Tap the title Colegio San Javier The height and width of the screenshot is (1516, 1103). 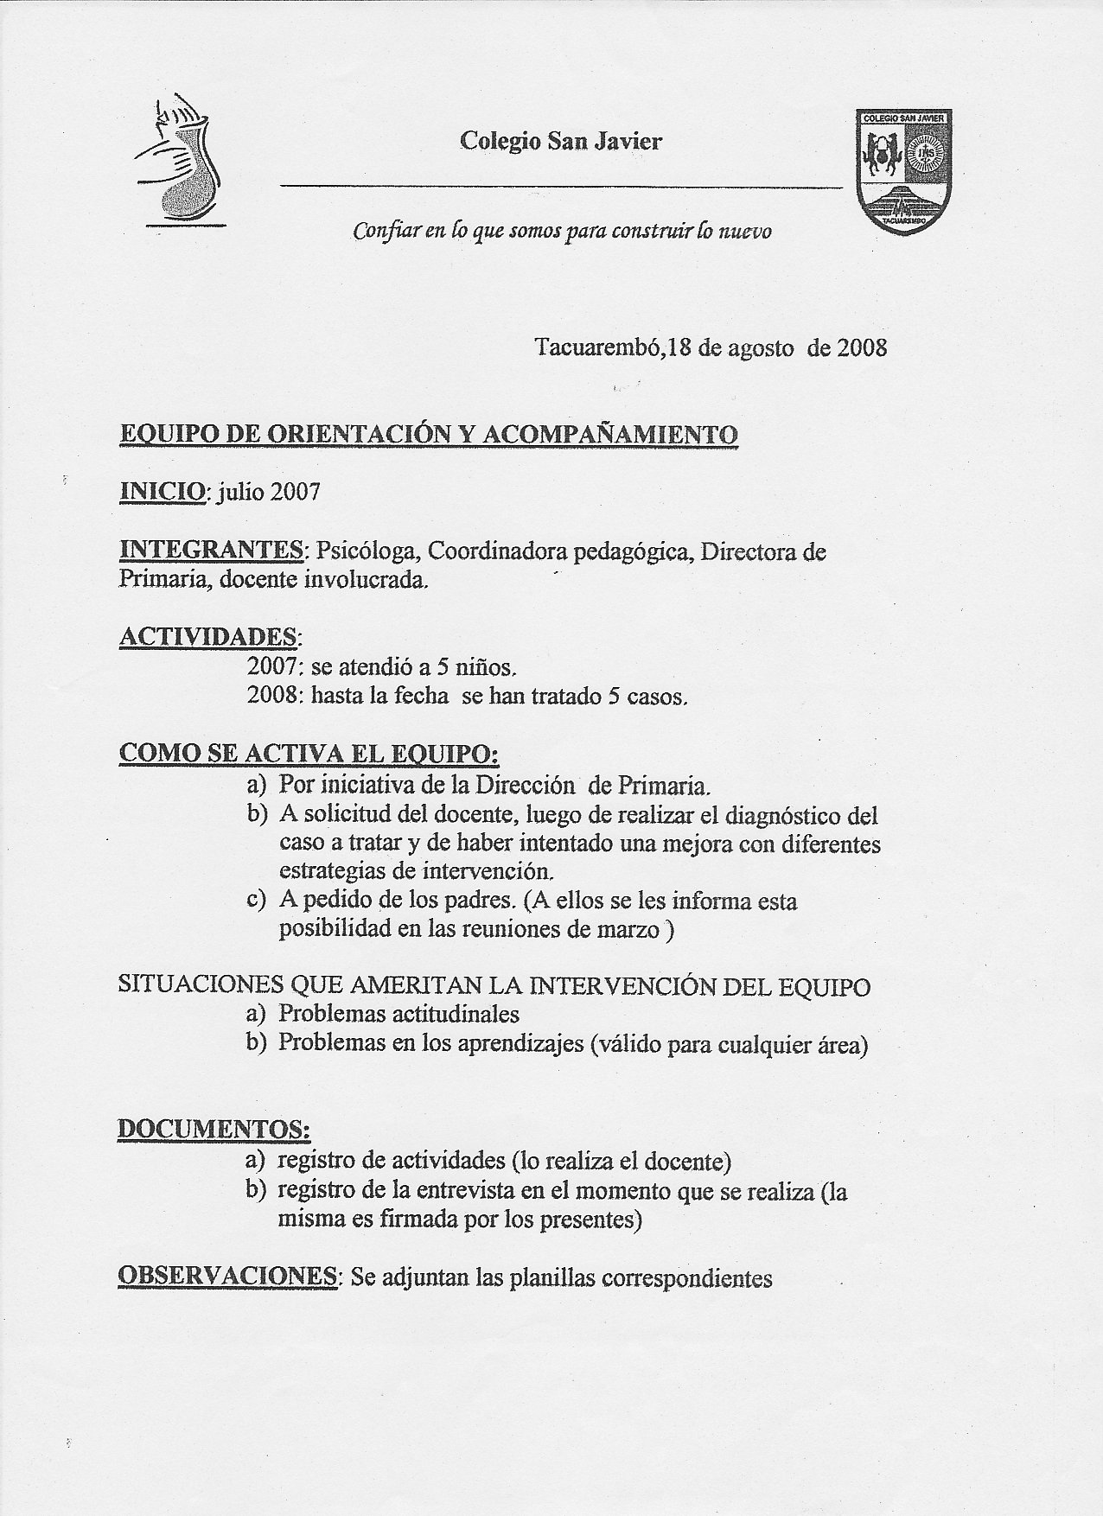pos(561,141)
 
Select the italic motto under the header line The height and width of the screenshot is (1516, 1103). pos(562,232)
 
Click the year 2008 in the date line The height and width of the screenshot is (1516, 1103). pos(858,348)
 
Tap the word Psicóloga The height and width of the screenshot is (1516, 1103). pos(367,551)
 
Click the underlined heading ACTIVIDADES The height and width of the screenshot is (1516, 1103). pos(208,637)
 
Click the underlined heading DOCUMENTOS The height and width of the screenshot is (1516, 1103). pos(214,1129)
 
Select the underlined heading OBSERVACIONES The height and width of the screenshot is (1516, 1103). pos(226,1277)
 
